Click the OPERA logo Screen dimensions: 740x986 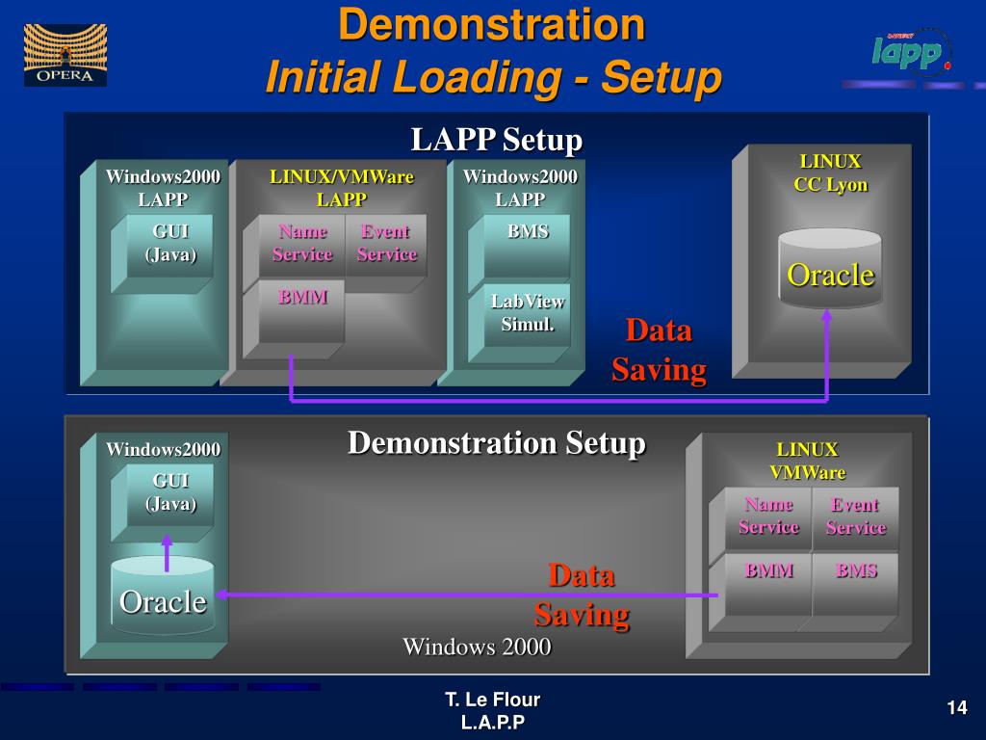(x=65, y=54)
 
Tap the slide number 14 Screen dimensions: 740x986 (x=956, y=708)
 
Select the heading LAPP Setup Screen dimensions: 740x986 (x=496, y=140)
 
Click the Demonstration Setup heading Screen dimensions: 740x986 (x=496, y=443)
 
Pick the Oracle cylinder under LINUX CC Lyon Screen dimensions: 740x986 (x=830, y=269)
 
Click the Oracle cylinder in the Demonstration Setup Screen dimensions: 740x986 (x=163, y=597)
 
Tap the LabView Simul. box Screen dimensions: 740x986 (x=528, y=315)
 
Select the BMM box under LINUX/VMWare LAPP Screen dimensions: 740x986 (x=302, y=310)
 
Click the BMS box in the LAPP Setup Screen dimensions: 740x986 (x=528, y=246)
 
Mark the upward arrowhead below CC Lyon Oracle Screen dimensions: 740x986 (x=826, y=315)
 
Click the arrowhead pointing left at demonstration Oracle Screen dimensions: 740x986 (x=221, y=595)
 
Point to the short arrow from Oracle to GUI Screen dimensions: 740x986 (x=168, y=553)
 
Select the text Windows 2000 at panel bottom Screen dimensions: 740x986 (x=477, y=647)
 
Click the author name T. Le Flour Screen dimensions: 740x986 (x=492, y=700)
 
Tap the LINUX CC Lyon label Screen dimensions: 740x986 (x=830, y=173)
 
